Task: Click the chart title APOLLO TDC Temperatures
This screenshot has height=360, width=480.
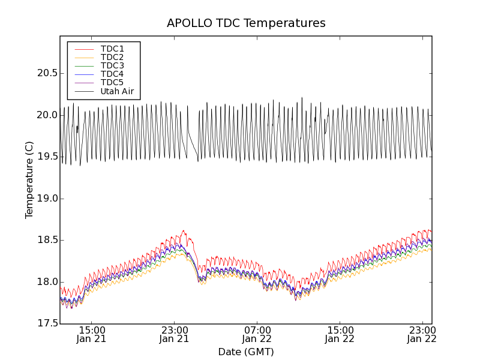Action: (246, 23)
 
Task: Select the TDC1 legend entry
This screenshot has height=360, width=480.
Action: (112, 49)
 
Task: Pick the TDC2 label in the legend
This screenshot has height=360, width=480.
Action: (112, 57)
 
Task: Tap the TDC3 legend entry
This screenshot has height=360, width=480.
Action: (112, 65)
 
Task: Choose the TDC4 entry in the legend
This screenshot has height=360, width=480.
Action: (112, 74)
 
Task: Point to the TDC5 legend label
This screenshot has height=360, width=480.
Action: (112, 83)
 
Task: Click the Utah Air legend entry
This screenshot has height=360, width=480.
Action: (117, 92)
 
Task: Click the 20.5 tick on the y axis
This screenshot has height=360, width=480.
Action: (47, 73)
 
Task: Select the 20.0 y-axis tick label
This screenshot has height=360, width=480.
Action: (47, 115)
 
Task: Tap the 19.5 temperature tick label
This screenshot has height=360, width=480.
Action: (47, 157)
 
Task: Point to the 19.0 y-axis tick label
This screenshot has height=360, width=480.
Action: (47, 199)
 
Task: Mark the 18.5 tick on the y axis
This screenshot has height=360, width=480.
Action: (47, 240)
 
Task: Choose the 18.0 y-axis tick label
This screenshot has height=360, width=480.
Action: (47, 282)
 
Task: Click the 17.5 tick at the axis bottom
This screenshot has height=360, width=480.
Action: (47, 324)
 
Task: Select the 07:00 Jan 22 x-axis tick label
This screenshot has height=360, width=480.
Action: (257, 334)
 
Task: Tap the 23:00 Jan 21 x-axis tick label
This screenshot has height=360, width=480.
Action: (175, 334)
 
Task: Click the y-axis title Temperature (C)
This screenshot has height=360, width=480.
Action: (29, 180)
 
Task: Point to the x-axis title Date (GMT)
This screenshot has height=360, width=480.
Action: (246, 352)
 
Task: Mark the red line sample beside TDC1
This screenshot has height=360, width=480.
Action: (83, 49)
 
